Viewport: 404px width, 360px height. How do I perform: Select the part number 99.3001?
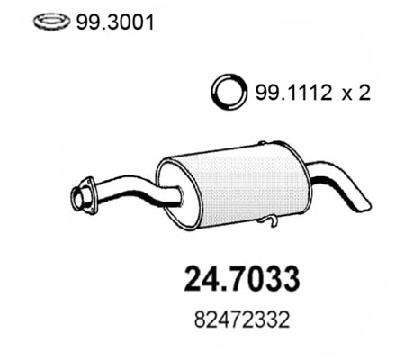click(115, 22)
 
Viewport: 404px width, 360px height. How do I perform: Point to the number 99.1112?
click(293, 93)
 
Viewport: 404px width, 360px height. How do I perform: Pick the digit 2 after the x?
click(364, 93)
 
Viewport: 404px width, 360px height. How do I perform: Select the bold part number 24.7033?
click(242, 279)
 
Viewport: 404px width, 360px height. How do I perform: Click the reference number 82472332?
click(242, 319)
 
